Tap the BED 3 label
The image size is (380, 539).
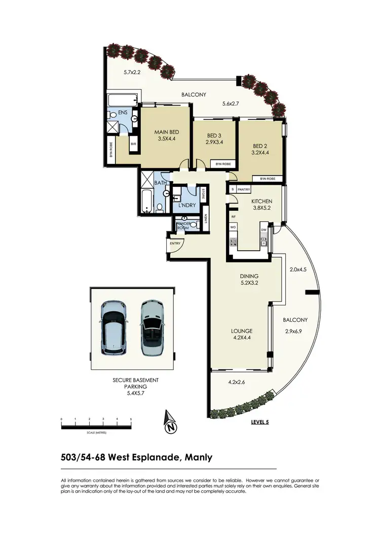tap(214, 136)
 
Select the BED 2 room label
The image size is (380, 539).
tap(260, 145)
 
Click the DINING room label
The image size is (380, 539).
tap(250, 277)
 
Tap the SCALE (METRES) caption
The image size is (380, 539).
tap(96, 433)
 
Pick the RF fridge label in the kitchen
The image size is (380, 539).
tap(234, 217)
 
